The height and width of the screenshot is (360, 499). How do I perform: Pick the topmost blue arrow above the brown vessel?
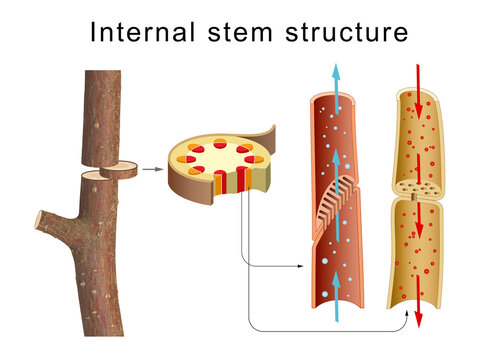coord(335,77)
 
